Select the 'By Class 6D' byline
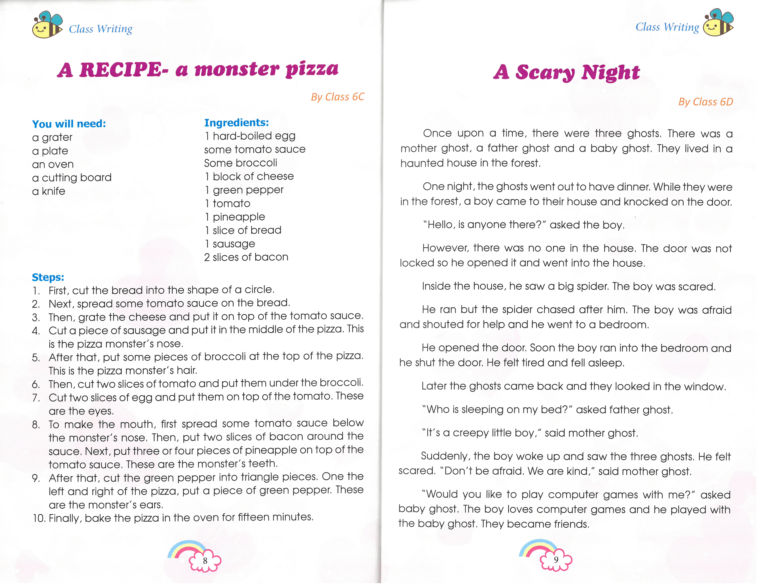tap(706, 102)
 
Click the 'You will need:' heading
tap(69, 124)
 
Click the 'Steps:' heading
tap(48, 277)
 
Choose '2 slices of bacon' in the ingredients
tap(246, 257)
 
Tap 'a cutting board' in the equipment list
tap(72, 178)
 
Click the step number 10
tap(39, 518)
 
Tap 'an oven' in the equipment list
tap(53, 164)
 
